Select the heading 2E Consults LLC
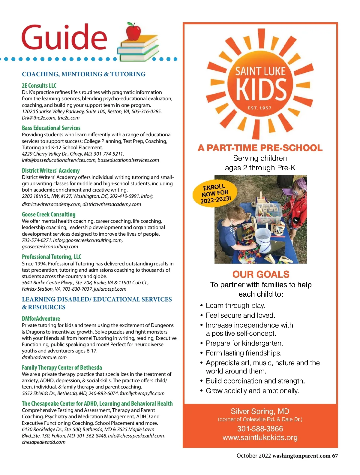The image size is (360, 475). pyautogui.click(x=39, y=86)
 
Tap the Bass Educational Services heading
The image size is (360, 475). pyautogui.click(x=51, y=128)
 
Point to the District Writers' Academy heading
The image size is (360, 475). pyautogui.click(x=51, y=171)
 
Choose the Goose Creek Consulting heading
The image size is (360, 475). pyautogui.click(x=49, y=214)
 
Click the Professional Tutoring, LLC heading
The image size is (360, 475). pyautogui.click(x=52, y=257)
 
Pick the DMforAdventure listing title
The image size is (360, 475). pyautogui.click(x=41, y=319)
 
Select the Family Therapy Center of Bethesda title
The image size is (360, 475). pyautogui.click(x=62, y=368)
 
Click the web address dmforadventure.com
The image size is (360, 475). pyautogui.click(x=44, y=357)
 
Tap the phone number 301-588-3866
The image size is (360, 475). pyautogui.click(x=260, y=429)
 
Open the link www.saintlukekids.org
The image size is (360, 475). pyautogui.click(x=260, y=437)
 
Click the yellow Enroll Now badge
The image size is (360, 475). pyautogui.click(x=215, y=193)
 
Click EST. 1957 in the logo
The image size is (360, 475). pyautogui.click(x=259, y=108)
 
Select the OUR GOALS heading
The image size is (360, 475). pyautogui.click(x=261, y=274)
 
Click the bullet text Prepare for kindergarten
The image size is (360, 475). pyautogui.click(x=244, y=343)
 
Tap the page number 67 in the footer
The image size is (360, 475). pyautogui.click(x=335, y=456)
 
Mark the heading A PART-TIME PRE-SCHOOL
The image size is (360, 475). pyautogui.click(x=260, y=148)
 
